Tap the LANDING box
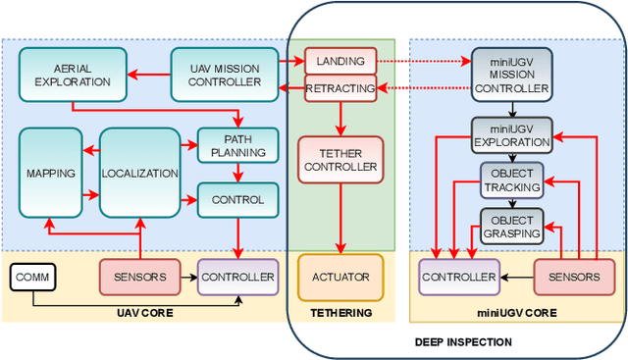pyautogui.click(x=340, y=61)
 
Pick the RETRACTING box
pyautogui.click(x=340, y=89)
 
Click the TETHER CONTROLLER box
pyautogui.click(x=340, y=159)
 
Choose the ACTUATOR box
pyautogui.click(x=340, y=277)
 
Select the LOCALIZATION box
pyautogui.click(x=139, y=173)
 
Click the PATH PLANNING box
pyautogui.click(x=238, y=145)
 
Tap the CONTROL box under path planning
pyautogui.click(x=238, y=199)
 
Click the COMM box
pyautogui.click(x=33, y=278)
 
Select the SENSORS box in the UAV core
pyautogui.click(x=139, y=278)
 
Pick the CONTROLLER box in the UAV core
pyautogui.click(x=237, y=278)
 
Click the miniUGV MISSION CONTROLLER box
pyautogui.click(x=512, y=74)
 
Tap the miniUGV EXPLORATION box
pyautogui.click(x=512, y=134)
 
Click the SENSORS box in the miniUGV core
pyautogui.click(x=574, y=278)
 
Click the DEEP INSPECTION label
pyautogui.click(x=462, y=341)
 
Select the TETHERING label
pyautogui.click(x=340, y=313)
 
